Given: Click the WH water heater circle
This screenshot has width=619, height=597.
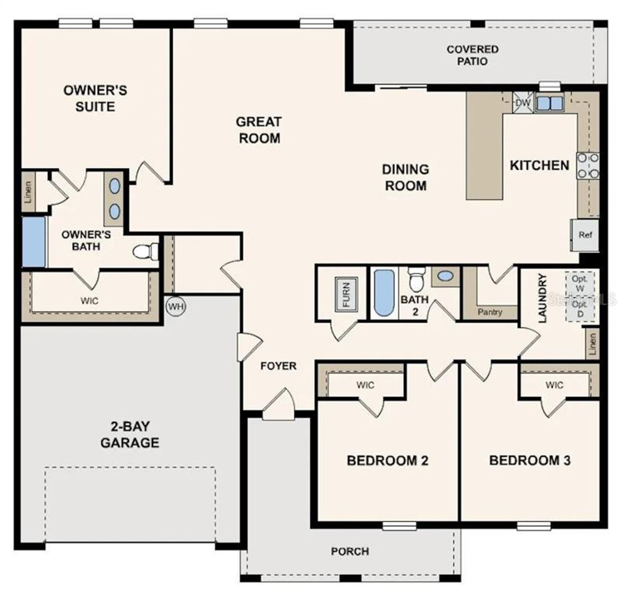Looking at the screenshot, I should [x=175, y=306].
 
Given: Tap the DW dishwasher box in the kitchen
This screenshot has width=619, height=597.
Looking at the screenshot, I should [x=523, y=102].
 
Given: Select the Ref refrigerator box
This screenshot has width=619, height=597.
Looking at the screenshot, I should [x=585, y=235].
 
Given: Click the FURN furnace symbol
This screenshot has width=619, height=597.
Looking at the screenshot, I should [x=346, y=294].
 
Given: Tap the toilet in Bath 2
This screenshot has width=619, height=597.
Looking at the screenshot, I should [x=415, y=279].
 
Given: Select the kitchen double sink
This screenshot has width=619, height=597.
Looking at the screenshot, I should [x=549, y=102].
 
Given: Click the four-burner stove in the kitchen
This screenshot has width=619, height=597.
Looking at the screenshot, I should [x=588, y=166].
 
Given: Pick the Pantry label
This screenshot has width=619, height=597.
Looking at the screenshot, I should [x=489, y=312].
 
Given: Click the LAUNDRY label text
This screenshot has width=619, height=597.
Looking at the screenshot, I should [x=542, y=298].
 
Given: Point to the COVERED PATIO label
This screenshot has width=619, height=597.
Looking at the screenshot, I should [x=472, y=55].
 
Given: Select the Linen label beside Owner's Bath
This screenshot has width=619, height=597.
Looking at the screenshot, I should [x=29, y=192].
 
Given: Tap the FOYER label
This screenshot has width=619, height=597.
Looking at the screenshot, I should [x=278, y=366].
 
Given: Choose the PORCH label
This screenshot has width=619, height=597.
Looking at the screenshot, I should [x=350, y=551].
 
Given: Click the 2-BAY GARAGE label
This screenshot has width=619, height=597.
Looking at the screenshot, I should [x=130, y=435].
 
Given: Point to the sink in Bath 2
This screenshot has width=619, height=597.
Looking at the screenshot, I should [x=445, y=277].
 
